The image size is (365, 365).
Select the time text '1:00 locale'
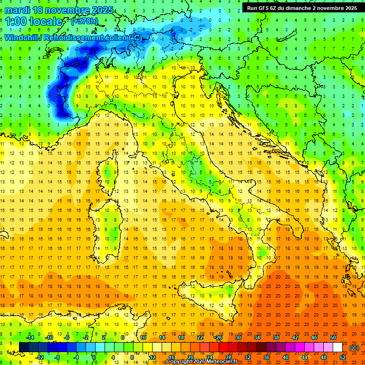34,21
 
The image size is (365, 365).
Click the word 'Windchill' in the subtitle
22,38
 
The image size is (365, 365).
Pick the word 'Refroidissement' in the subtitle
74,38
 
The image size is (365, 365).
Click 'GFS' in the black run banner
265,8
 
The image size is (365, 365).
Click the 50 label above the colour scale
333,337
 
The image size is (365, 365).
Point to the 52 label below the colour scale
343,357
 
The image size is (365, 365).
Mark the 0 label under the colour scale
94,357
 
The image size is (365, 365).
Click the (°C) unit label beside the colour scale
354,347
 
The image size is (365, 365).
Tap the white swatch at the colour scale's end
338,347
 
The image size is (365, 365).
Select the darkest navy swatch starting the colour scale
24,347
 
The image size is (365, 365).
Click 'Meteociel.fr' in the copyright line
220,362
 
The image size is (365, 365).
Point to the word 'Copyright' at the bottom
179,362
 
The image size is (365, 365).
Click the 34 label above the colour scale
257,337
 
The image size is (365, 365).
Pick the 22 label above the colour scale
200,337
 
